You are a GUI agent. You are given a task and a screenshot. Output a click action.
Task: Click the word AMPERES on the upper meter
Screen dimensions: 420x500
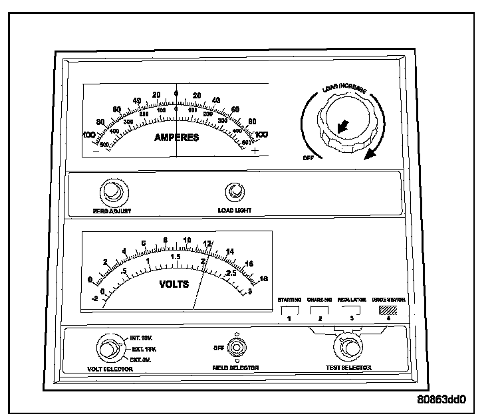tap(177, 138)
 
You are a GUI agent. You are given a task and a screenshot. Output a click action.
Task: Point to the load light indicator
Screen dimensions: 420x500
tap(234, 192)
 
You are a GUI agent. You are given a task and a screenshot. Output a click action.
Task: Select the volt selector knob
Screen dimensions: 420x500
tap(108, 348)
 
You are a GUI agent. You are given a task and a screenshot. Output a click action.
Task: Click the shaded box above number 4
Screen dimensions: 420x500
tap(388, 310)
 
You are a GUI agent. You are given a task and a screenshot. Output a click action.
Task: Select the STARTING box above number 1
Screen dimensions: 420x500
tap(289, 310)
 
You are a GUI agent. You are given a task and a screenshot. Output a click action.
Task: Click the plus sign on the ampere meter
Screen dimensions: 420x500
tap(256, 150)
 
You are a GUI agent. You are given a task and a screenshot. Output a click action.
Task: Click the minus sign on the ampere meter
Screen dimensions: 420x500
tap(96, 150)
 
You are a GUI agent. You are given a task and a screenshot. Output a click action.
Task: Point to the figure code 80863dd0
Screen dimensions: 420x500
tap(442, 400)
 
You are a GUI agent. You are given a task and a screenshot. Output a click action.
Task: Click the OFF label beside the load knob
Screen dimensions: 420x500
tap(308, 158)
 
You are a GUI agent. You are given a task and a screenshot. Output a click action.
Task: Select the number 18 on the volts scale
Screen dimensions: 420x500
tap(263, 278)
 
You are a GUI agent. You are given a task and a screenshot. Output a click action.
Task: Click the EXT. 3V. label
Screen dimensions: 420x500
tap(140, 358)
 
